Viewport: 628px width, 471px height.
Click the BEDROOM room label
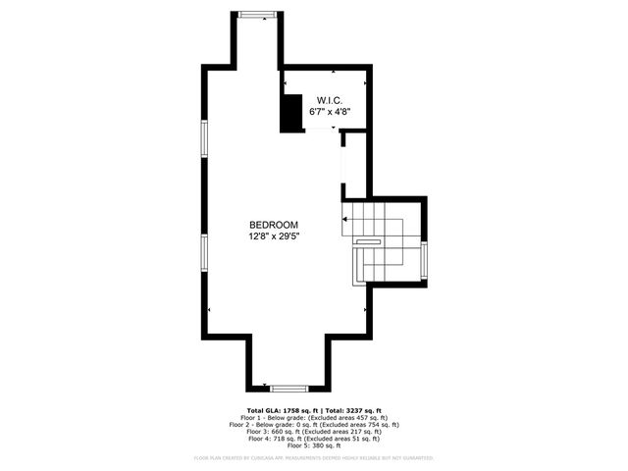273,225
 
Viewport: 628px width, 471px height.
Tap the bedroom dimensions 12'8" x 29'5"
273,236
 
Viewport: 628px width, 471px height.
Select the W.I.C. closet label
328,100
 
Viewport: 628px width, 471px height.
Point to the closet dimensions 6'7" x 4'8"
328,112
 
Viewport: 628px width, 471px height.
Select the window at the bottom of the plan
289,389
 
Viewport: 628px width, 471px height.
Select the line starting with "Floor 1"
314,418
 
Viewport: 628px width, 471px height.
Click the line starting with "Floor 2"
314,425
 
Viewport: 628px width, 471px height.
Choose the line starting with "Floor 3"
314,432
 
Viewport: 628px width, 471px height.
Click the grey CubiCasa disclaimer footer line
314,457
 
